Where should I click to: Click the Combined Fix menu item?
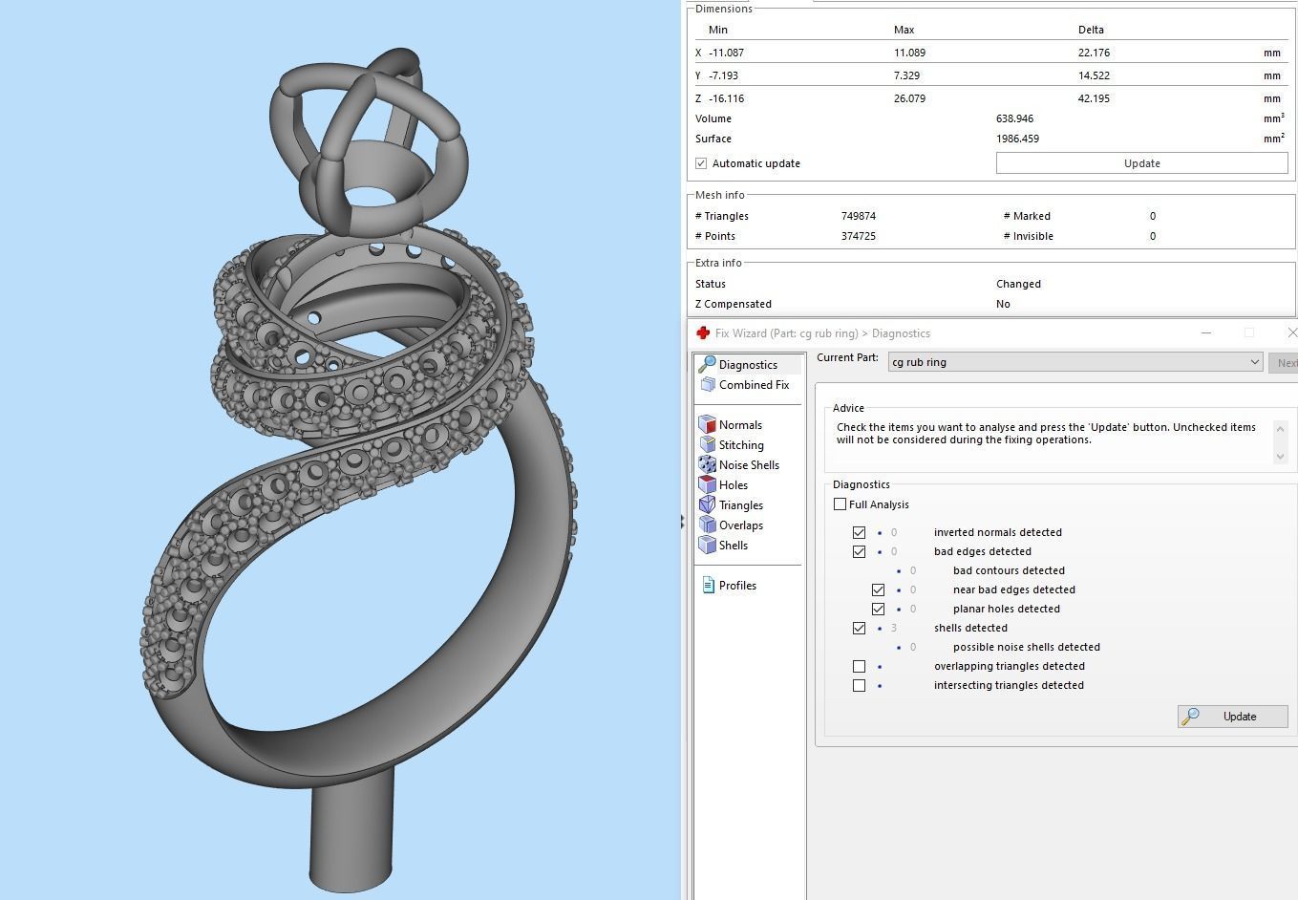click(x=754, y=385)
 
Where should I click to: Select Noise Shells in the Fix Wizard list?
click(x=748, y=465)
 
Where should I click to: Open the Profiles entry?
click(x=736, y=586)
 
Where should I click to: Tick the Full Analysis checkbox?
click(x=841, y=504)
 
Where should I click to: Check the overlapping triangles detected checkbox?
click(x=859, y=666)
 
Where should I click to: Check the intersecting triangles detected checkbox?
click(x=859, y=685)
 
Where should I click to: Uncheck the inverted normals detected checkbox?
click(x=859, y=532)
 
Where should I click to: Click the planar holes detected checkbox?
click(x=878, y=609)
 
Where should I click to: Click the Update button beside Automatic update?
click(x=1141, y=163)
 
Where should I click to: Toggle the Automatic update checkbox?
click(x=702, y=163)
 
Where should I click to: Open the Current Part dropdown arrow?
click(x=1254, y=362)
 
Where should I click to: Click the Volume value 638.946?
click(x=1014, y=118)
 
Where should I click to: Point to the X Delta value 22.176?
click(x=1094, y=53)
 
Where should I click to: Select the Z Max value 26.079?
click(x=909, y=98)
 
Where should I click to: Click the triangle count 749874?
click(x=858, y=216)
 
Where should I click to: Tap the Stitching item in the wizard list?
click(x=740, y=445)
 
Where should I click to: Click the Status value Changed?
click(x=1018, y=284)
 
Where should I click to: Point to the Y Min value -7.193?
click(x=723, y=75)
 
